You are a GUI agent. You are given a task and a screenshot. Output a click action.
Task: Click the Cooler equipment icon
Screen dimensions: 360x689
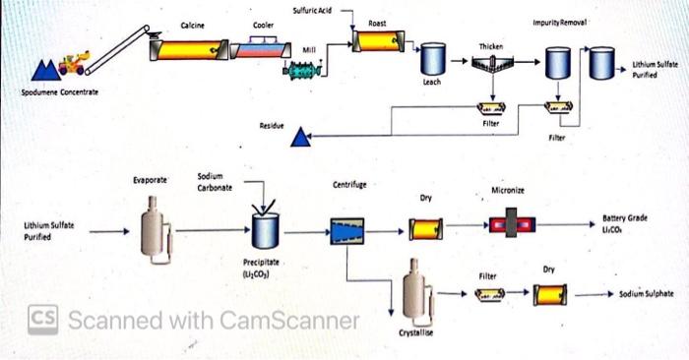tap(260, 47)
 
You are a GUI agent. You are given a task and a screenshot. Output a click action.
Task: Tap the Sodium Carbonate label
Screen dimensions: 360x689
tap(215, 182)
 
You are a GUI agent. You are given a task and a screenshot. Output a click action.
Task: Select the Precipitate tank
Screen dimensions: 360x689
tap(263, 231)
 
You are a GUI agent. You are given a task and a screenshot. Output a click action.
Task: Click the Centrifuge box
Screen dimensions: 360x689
tap(348, 231)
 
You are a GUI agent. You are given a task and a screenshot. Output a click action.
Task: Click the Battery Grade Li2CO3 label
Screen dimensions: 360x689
tap(624, 223)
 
